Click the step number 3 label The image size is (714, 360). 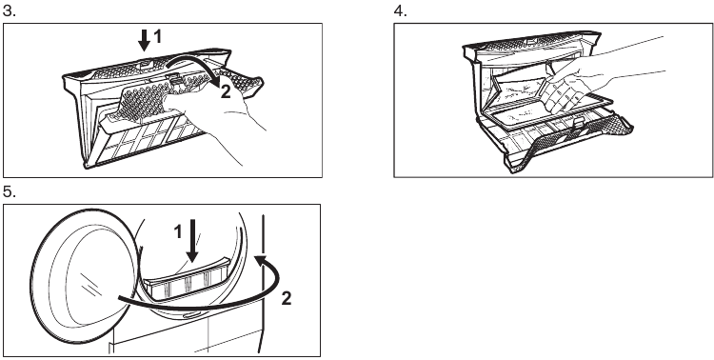[x=10, y=10]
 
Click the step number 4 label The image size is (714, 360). [x=400, y=10]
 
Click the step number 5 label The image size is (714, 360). [x=10, y=191]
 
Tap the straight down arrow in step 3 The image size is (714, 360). [x=145, y=40]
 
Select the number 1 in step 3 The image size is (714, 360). [x=158, y=36]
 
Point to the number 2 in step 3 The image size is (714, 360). [x=225, y=92]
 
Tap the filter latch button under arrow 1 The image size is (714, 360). [x=144, y=63]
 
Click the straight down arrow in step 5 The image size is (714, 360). [x=192, y=240]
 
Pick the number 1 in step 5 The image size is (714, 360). [x=178, y=231]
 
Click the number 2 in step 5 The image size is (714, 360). [x=286, y=299]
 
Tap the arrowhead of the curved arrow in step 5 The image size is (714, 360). [x=261, y=261]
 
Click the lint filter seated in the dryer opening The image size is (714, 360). [x=189, y=279]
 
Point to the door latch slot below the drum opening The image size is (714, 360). [x=189, y=315]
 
